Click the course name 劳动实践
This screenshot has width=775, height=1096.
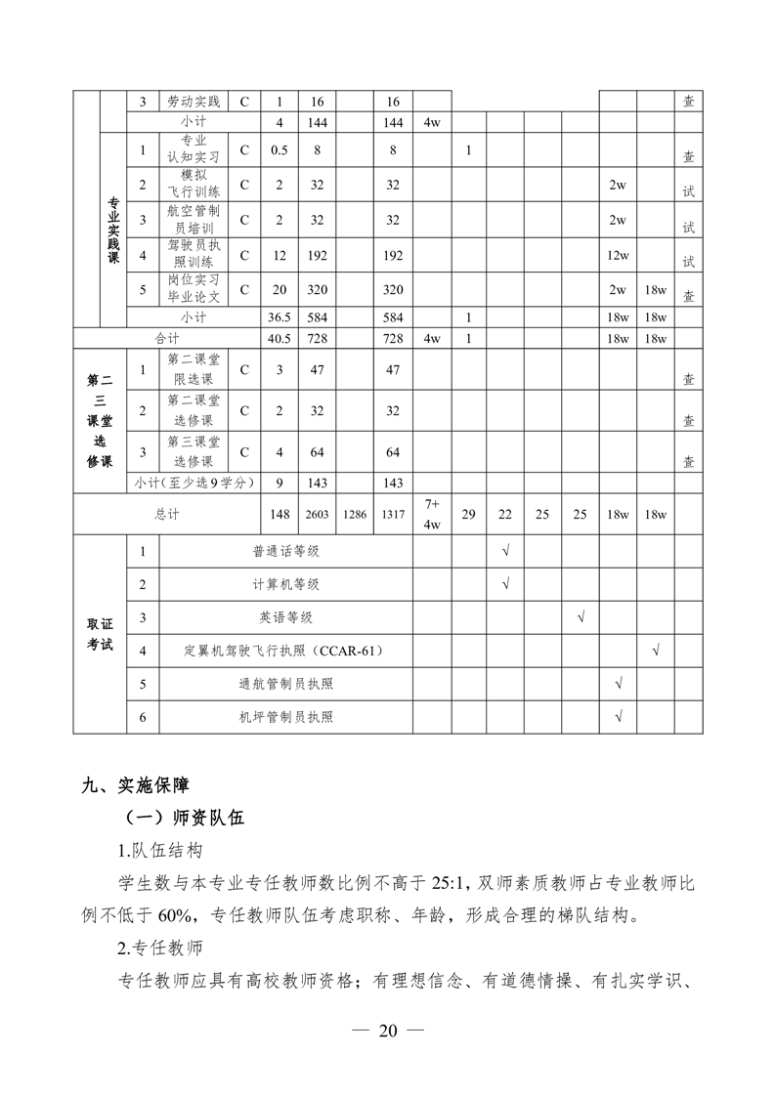194,102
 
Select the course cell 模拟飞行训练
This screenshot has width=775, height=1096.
194,185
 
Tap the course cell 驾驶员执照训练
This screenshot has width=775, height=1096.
194,255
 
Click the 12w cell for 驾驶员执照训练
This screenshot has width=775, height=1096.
618,255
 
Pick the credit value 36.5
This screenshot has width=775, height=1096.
280,317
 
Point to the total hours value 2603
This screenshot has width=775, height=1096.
318,514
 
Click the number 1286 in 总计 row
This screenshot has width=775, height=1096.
355,514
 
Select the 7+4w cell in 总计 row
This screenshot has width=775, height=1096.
432,514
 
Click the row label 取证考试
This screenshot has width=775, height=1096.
100,634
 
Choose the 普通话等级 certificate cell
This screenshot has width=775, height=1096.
285,552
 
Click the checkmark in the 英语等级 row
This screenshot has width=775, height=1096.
581,617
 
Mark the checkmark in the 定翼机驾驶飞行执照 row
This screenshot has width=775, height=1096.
656,650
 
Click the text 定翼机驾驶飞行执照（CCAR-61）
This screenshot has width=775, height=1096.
285,651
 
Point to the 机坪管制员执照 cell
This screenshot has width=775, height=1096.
285,716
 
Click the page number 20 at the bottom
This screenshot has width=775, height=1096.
388,1031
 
